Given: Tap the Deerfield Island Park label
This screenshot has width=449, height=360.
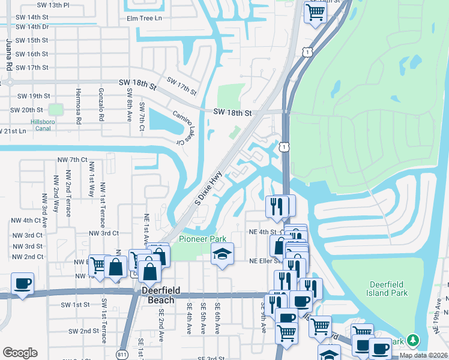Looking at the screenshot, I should (x=387, y=289).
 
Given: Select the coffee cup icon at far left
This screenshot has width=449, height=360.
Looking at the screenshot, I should (x=22, y=283).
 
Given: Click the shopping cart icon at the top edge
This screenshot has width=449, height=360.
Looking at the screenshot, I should (x=315, y=11).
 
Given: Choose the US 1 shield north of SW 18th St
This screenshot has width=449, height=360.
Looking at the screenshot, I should (x=307, y=53).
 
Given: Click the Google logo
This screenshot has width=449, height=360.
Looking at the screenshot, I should (x=20, y=352).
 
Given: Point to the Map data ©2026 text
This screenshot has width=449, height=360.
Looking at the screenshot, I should (x=423, y=355).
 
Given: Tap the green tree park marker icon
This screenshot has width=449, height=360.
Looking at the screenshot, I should (x=412, y=340).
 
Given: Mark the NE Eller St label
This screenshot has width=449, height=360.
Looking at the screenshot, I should (x=265, y=261).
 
